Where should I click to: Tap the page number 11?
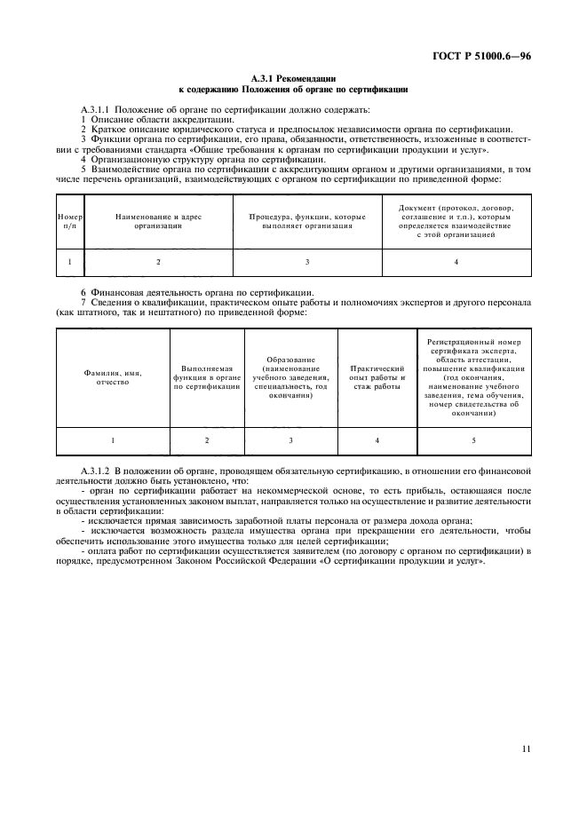pos(527,748)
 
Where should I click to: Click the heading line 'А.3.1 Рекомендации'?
pos(293,80)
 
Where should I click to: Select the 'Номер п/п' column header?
pos(69,221)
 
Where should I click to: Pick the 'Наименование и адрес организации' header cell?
pos(158,221)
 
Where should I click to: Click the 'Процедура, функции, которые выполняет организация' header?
pos(307,221)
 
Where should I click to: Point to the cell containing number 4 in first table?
pos(456,262)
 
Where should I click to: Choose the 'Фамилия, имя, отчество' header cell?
pos(113,377)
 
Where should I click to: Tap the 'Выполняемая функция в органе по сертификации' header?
pos(207,377)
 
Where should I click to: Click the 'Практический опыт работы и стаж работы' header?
pos(377,377)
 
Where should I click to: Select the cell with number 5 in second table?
pos(473,440)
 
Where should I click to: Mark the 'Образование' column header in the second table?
pos(291,377)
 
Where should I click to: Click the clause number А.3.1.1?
pos(95,108)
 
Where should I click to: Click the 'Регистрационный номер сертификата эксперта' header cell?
pos(473,377)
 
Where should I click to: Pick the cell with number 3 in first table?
pos(307,262)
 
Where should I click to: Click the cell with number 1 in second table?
pos(113,440)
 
